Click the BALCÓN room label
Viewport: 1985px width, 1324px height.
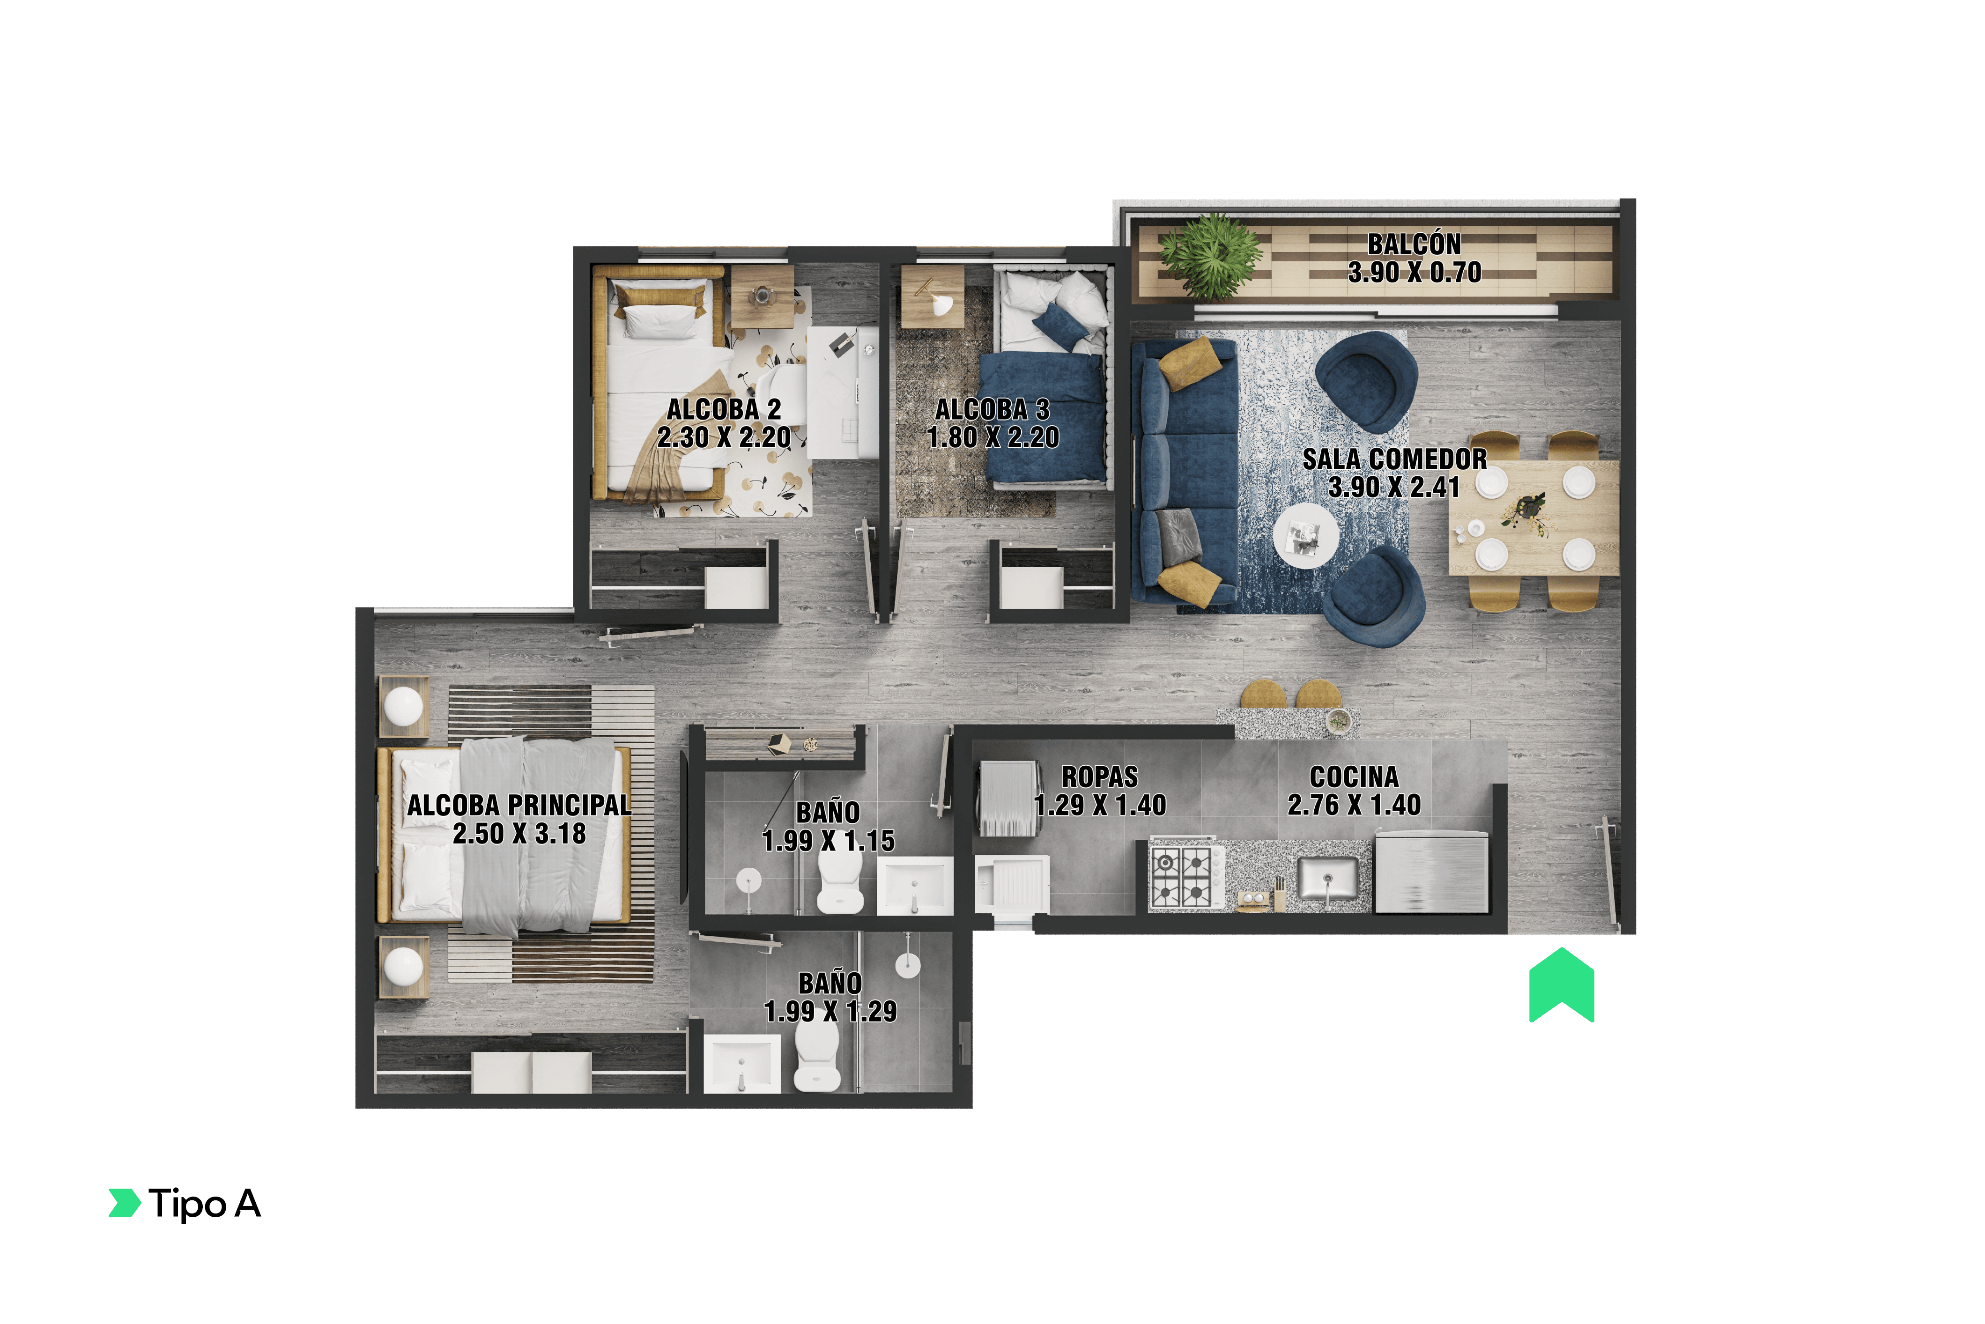tap(1414, 244)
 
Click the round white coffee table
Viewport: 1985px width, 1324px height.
tap(1305, 535)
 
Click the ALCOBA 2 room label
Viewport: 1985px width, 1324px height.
tap(724, 409)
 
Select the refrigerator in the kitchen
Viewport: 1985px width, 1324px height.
tap(1431, 872)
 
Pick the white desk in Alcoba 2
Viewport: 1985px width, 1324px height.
tap(843, 392)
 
